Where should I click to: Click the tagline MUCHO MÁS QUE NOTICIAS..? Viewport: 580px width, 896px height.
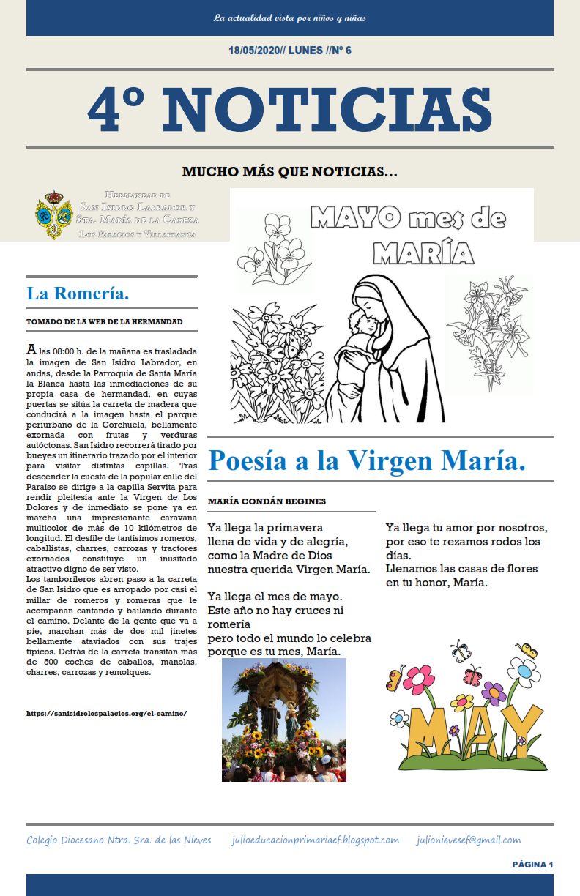[289, 172]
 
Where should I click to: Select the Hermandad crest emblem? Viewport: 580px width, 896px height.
[54, 215]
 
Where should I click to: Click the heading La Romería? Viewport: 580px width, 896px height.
[78, 294]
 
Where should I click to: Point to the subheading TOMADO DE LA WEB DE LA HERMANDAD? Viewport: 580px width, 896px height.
[105, 321]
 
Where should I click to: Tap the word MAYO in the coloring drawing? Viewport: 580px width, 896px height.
[354, 217]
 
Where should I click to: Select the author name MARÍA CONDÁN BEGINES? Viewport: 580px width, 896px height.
[267, 501]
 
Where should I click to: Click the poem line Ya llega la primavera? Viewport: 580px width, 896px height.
[265, 527]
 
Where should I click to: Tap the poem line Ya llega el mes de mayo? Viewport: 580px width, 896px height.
[265, 596]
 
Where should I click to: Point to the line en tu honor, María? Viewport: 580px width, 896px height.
[436, 583]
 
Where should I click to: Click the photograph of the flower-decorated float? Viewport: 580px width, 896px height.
[284, 720]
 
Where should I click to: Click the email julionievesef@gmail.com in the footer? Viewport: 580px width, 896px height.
[468, 840]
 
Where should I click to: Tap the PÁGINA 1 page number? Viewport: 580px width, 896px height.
[532, 865]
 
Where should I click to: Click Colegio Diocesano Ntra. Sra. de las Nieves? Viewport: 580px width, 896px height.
[119, 840]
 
